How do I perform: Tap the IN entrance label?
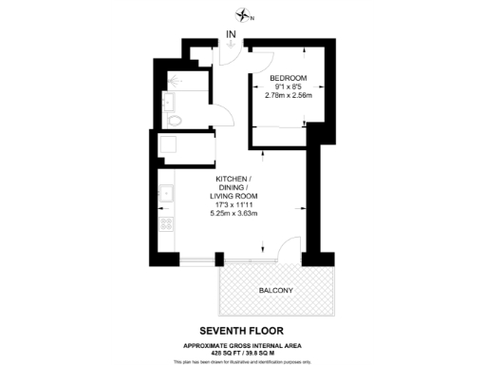point(232,37)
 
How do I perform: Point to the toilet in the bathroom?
point(173,120)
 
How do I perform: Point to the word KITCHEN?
point(233,179)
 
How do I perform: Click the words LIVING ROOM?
point(234,196)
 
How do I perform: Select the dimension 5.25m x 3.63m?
point(234,213)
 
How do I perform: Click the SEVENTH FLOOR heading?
point(244,332)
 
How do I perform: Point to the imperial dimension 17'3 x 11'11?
point(234,204)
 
